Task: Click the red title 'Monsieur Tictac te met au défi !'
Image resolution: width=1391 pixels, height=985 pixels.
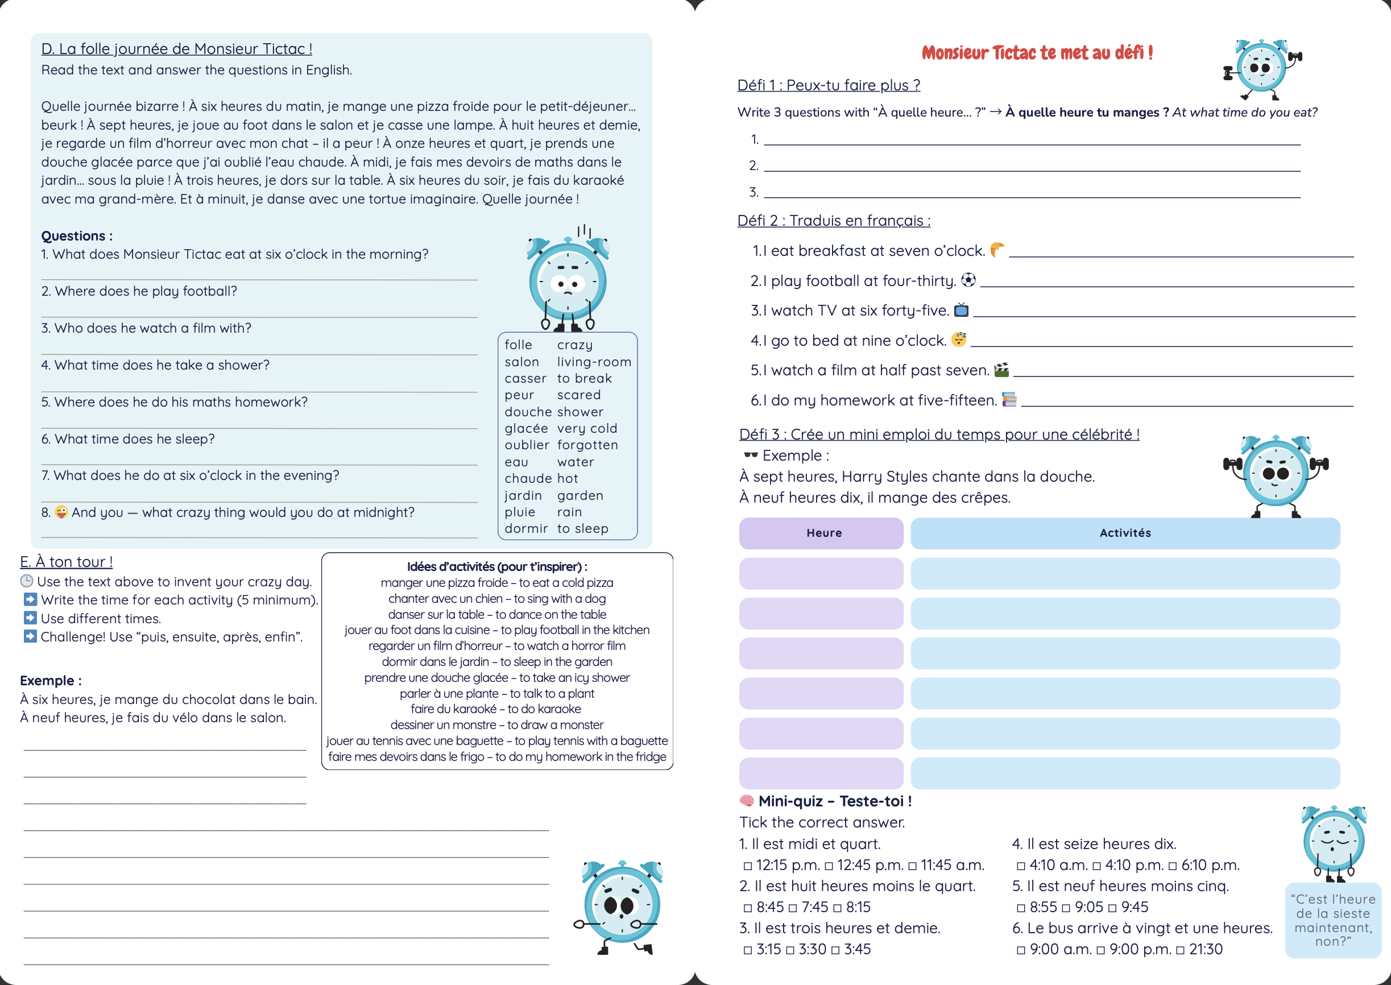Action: [x=1036, y=53]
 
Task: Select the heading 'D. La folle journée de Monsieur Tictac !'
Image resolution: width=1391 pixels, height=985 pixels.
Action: [x=176, y=48]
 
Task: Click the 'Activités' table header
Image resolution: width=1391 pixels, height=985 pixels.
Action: [x=1125, y=533]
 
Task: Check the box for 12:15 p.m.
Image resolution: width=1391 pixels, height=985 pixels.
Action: [x=748, y=866]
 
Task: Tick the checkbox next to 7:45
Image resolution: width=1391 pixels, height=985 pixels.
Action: [x=793, y=908]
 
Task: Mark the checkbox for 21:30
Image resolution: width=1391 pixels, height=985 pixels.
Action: [x=1180, y=950]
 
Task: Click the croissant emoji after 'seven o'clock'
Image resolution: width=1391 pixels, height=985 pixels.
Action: [x=996, y=249]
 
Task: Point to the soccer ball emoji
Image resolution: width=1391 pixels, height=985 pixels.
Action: [x=968, y=280]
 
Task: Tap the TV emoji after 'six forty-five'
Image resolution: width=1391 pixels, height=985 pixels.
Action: [x=961, y=310]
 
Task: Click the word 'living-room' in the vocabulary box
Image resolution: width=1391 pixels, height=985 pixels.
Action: [x=594, y=362]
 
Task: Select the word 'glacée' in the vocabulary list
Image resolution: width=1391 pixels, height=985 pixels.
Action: [x=525, y=428]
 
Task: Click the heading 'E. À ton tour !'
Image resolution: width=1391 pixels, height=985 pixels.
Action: [x=66, y=562]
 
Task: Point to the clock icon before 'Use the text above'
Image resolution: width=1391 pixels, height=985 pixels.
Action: [x=27, y=581]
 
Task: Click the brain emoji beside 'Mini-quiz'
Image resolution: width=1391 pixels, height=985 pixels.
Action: [x=747, y=801]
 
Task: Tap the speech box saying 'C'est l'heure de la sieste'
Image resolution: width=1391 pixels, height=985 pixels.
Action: [x=1333, y=920]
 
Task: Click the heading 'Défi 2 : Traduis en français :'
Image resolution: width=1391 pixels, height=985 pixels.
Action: [x=833, y=220]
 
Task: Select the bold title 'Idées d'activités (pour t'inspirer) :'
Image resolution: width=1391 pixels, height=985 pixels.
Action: [x=496, y=566]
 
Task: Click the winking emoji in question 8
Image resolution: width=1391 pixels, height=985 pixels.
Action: [x=61, y=512]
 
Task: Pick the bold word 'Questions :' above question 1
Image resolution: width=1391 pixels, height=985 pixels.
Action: [x=76, y=236]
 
